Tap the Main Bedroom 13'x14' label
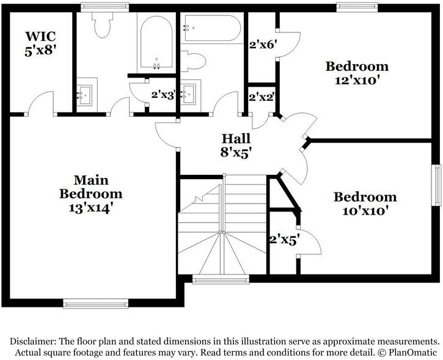pyautogui.click(x=91, y=194)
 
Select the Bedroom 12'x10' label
pyautogui.click(x=357, y=73)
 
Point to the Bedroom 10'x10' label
pyautogui.click(x=365, y=204)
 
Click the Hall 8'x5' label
pyautogui.click(x=236, y=145)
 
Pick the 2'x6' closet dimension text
pyautogui.click(x=263, y=45)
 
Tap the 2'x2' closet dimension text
pyautogui.click(x=261, y=97)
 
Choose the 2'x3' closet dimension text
pyautogui.click(x=164, y=95)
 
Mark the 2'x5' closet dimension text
pyautogui.click(x=284, y=240)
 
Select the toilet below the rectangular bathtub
pyautogui.click(x=194, y=62)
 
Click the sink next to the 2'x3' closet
pyautogui.click(x=189, y=95)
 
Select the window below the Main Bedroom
pyautogui.click(x=96, y=303)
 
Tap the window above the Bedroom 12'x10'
pyautogui.click(x=356, y=7)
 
